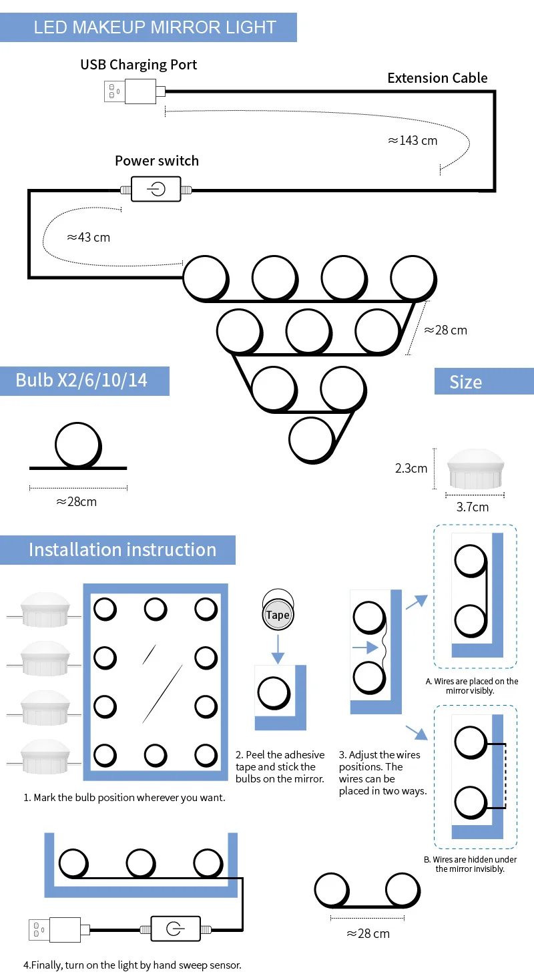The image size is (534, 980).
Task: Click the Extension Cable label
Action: tap(437, 78)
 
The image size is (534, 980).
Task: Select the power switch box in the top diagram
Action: tap(156, 189)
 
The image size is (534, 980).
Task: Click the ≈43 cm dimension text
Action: tap(88, 237)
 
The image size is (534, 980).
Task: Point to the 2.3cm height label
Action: tap(411, 468)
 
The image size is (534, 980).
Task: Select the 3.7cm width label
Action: tap(472, 507)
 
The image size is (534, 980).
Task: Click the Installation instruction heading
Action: tap(122, 549)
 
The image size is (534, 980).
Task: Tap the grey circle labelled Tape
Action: tap(278, 615)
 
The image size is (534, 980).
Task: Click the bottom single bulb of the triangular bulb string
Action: tap(310, 439)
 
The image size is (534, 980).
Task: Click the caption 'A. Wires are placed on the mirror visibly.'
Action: tap(472, 686)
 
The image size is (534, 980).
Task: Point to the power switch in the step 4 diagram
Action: tap(175, 929)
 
